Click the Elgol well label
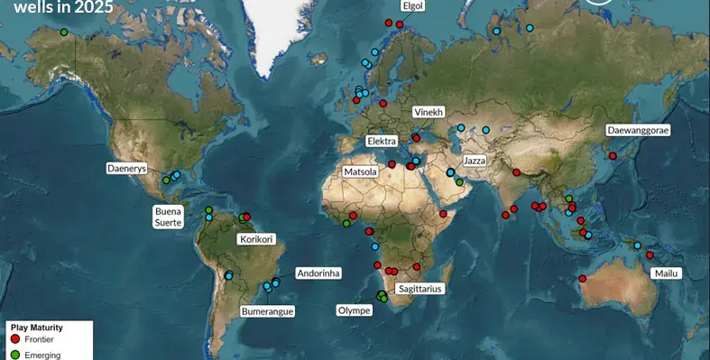(x=413, y=5)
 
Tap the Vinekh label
(x=429, y=112)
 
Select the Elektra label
(x=382, y=142)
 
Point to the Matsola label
(x=361, y=171)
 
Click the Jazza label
(x=474, y=161)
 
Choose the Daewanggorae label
(x=638, y=131)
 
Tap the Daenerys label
(x=126, y=169)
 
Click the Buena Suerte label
(x=169, y=217)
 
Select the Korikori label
(x=256, y=240)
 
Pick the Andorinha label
(x=319, y=272)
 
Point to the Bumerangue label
(x=267, y=311)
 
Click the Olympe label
(x=354, y=310)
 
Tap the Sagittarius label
(x=420, y=289)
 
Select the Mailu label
(x=666, y=272)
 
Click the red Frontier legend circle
(x=14, y=339)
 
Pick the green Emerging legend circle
(x=14, y=355)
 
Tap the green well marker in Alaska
(x=64, y=32)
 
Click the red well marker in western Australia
(x=583, y=278)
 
